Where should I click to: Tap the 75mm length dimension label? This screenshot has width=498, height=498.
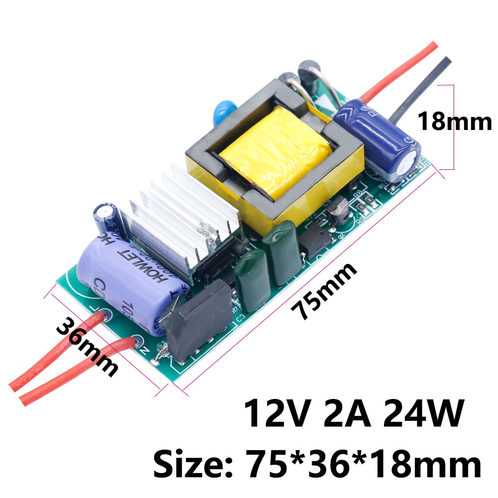(326, 291)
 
